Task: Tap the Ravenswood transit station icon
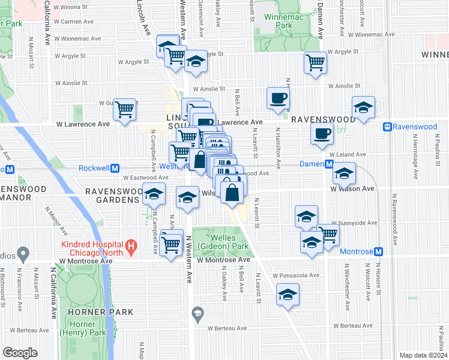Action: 388,127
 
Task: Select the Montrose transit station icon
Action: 378,251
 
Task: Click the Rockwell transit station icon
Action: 115,168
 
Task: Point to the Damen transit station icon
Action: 329,164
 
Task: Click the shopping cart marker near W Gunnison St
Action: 125,110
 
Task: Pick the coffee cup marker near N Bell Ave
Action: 278,98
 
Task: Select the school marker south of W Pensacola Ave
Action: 288,295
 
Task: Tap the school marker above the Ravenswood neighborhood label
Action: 363,107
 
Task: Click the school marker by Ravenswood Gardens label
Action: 154,195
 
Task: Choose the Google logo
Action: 20,353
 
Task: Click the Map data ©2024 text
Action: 423,355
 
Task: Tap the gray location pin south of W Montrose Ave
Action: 197,313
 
